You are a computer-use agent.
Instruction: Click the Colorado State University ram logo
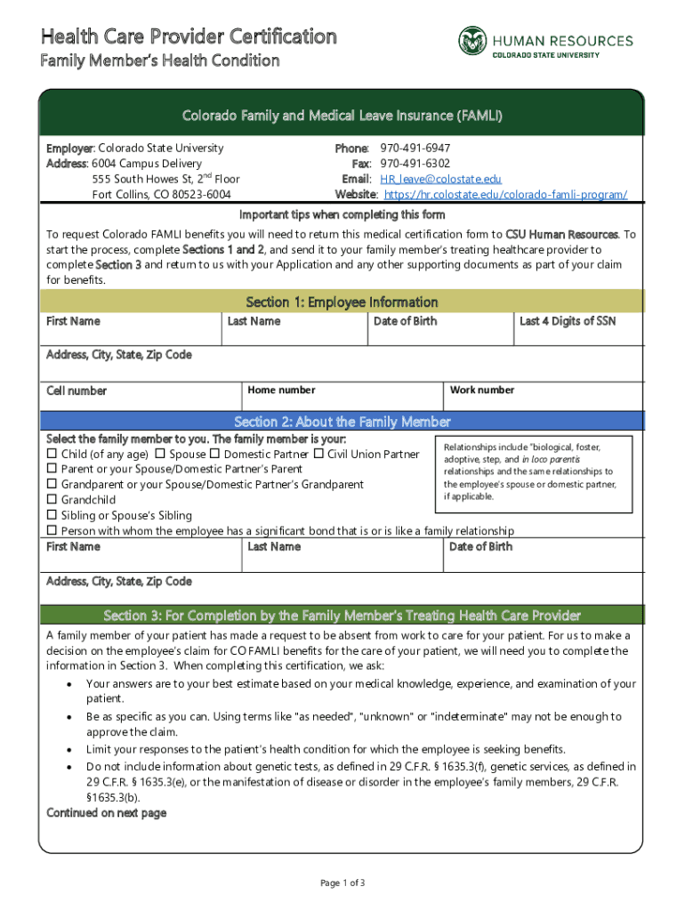[x=473, y=41]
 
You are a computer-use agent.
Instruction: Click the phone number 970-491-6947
[x=415, y=148]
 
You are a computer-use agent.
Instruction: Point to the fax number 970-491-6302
[x=415, y=164]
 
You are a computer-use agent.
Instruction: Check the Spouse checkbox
[x=160, y=455]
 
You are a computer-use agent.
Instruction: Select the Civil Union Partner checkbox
[x=318, y=455]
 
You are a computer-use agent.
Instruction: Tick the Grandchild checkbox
[x=52, y=500]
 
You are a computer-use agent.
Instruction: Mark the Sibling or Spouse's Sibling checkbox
[x=52, y=515]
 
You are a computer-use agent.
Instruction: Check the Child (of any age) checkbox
[x=52, y=455]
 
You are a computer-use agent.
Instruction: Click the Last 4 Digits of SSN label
[x=568, y=321]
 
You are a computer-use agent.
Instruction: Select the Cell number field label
[x=77, y=391]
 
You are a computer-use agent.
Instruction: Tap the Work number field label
[x=482, y=390]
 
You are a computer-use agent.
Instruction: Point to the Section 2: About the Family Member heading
[x=342, y=422]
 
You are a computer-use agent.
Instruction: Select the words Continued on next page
[x=106, y=813]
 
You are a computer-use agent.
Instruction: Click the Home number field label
[x=281, y=390]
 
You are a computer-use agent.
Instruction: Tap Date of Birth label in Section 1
[x=405, y=321]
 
